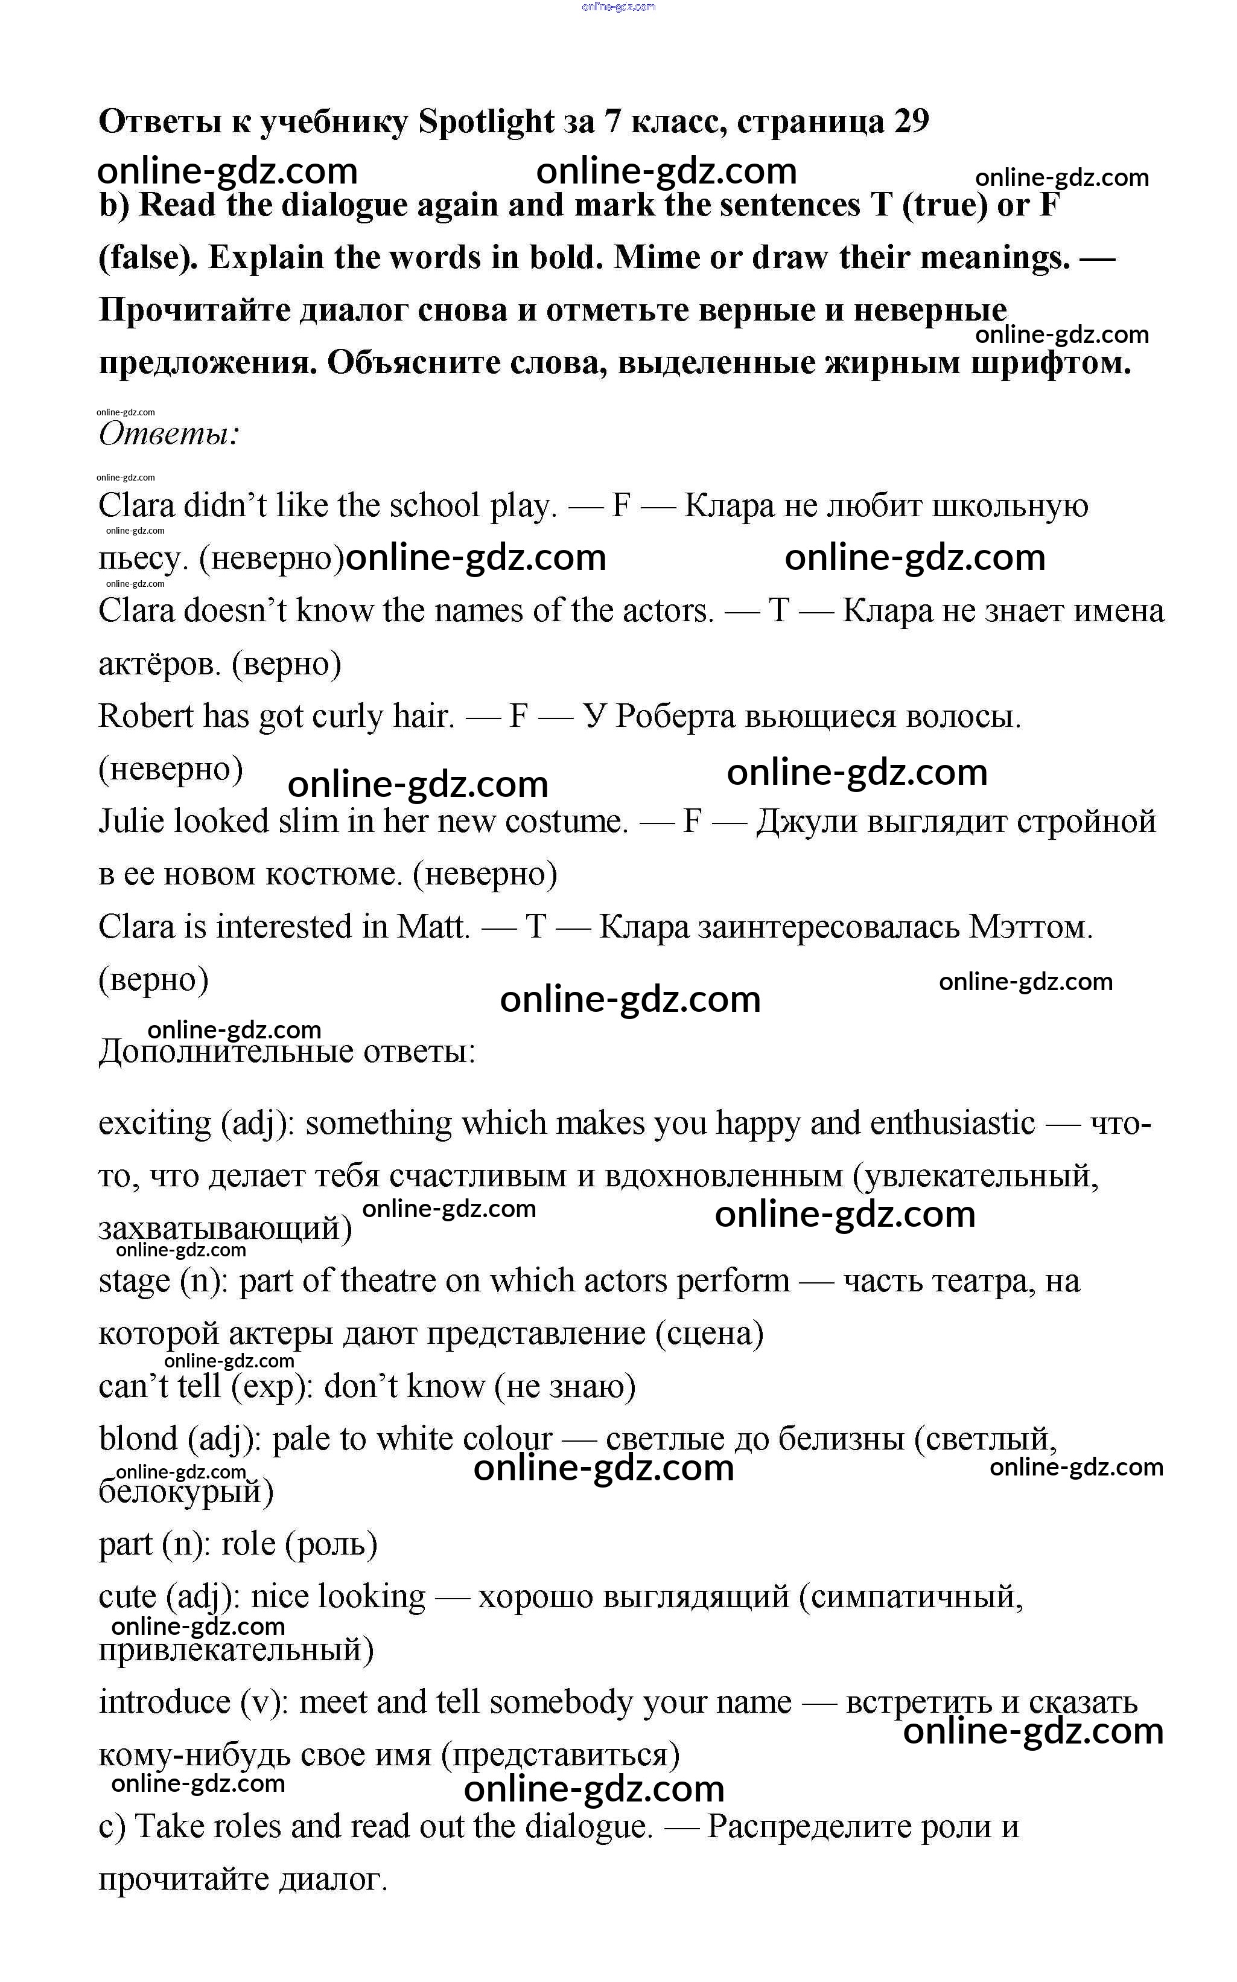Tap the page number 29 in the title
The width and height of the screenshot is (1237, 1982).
click(x=911, y=122)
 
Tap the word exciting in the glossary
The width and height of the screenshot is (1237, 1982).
click(x=154, y=1124)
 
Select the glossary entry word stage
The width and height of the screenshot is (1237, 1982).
click(x=134, y=1282)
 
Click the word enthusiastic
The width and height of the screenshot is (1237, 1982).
click(x=952, y=1124)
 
